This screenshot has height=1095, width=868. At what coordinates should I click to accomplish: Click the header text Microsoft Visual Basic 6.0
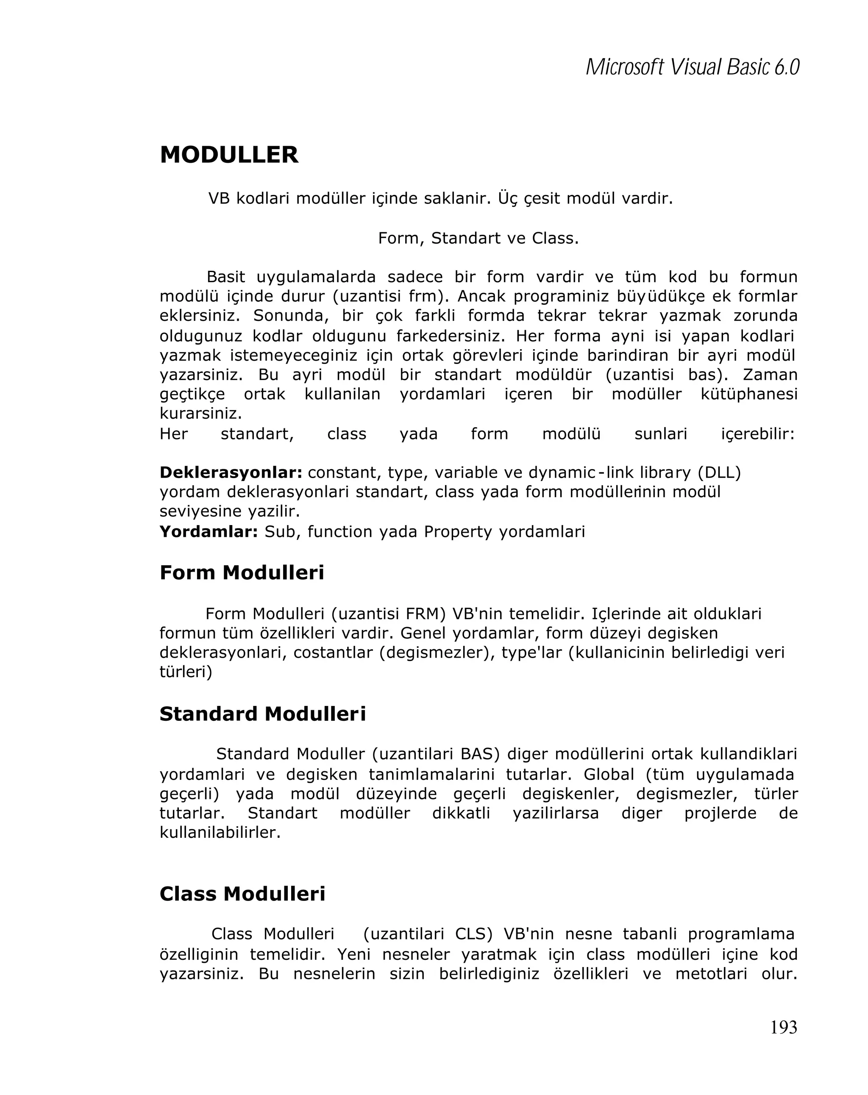[692, 67]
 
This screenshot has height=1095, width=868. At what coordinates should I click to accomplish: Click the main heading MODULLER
[229, 155]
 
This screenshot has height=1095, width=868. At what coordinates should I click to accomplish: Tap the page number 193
[783, 1027]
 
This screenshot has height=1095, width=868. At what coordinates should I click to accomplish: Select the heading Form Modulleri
[242, 573]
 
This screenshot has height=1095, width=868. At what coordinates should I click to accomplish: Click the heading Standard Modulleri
[263, 714]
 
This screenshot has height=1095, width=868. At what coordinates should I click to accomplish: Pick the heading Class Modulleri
[242, 894]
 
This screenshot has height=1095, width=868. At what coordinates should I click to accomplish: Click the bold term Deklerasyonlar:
[231, 472]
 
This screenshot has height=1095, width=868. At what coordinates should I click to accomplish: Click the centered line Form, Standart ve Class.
[478, 238]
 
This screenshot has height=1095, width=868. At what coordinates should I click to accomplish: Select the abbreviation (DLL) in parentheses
[719, 472]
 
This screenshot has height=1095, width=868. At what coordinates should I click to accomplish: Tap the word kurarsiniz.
[200, 414]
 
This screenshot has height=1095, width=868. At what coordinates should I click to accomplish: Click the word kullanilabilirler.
[220, 832]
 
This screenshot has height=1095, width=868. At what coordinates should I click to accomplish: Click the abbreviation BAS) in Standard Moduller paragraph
[480, 754]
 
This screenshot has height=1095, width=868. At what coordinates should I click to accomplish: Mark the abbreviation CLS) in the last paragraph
[474, 934]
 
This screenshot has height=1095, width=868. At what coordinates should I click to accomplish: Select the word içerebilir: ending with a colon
[757, 434]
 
